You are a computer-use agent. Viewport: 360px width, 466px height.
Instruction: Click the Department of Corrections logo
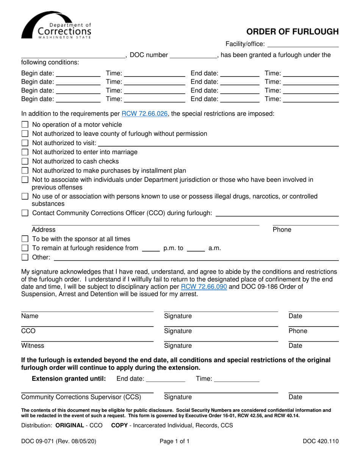[56, 25]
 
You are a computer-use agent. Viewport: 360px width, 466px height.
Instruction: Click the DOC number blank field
[193, 55]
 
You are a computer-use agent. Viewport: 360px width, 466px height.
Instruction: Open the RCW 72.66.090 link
[204, 286]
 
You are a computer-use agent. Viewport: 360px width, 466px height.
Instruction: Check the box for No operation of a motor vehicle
[25, 125]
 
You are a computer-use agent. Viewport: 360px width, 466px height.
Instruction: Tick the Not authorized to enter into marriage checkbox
[25, 152]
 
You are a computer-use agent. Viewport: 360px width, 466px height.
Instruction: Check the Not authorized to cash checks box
[25, 161]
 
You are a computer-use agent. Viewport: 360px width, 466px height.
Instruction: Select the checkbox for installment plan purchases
[25, 170]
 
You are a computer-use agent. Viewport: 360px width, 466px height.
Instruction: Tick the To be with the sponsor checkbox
[25, 239]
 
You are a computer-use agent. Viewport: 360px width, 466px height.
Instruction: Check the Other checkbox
[25, 258]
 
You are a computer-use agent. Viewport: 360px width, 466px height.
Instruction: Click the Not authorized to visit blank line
[218, 143]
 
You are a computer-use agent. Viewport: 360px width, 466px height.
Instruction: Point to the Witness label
[33, 346]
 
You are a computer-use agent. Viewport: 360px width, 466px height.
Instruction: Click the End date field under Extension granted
[165, 378]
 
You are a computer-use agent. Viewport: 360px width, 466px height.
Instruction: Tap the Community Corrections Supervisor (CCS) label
[81, 397]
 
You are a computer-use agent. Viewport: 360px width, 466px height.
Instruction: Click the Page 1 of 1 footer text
[174, 441]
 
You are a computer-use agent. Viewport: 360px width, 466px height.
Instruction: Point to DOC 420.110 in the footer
[321, 441]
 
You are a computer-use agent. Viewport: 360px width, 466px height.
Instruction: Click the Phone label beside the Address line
[282, 230]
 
